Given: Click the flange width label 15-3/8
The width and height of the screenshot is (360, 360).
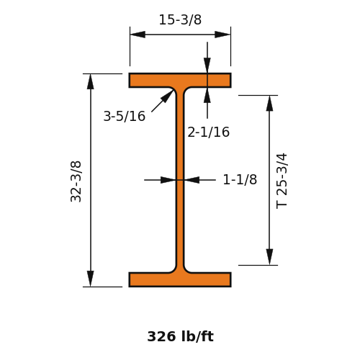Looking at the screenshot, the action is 180,19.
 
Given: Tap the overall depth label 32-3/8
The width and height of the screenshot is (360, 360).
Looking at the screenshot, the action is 76,181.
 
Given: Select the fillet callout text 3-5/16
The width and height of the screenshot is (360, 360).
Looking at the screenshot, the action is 125,116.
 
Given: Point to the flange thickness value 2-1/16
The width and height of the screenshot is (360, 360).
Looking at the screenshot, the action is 208,132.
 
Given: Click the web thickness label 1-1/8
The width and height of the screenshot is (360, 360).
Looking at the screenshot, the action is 240,179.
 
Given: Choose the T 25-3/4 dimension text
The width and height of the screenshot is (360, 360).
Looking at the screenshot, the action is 282,181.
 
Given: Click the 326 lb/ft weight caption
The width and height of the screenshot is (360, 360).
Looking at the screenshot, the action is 180,336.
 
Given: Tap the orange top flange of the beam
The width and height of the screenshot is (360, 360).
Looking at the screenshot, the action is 180,81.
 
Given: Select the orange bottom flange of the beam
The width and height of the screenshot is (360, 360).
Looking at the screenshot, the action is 180,279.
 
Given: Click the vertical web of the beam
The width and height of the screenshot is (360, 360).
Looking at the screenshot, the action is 180,180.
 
